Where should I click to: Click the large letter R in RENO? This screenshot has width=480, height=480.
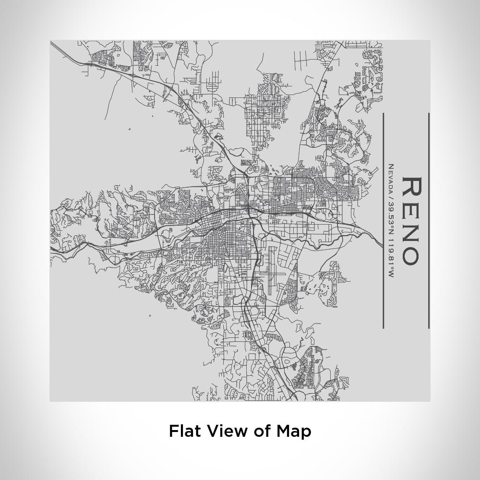click(412, 187)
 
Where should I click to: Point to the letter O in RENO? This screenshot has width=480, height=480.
click(412, 255)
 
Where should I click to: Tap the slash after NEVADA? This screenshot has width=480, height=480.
click(391, 194)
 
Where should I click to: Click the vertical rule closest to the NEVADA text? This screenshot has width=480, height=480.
click(383, 221)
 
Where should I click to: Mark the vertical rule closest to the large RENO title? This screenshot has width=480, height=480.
click(428, 221)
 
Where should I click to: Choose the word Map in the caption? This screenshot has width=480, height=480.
click(294, 432)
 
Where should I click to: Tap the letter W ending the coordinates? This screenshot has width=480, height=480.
click(391, 275)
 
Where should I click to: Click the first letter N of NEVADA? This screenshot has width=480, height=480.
click(391, 167)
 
